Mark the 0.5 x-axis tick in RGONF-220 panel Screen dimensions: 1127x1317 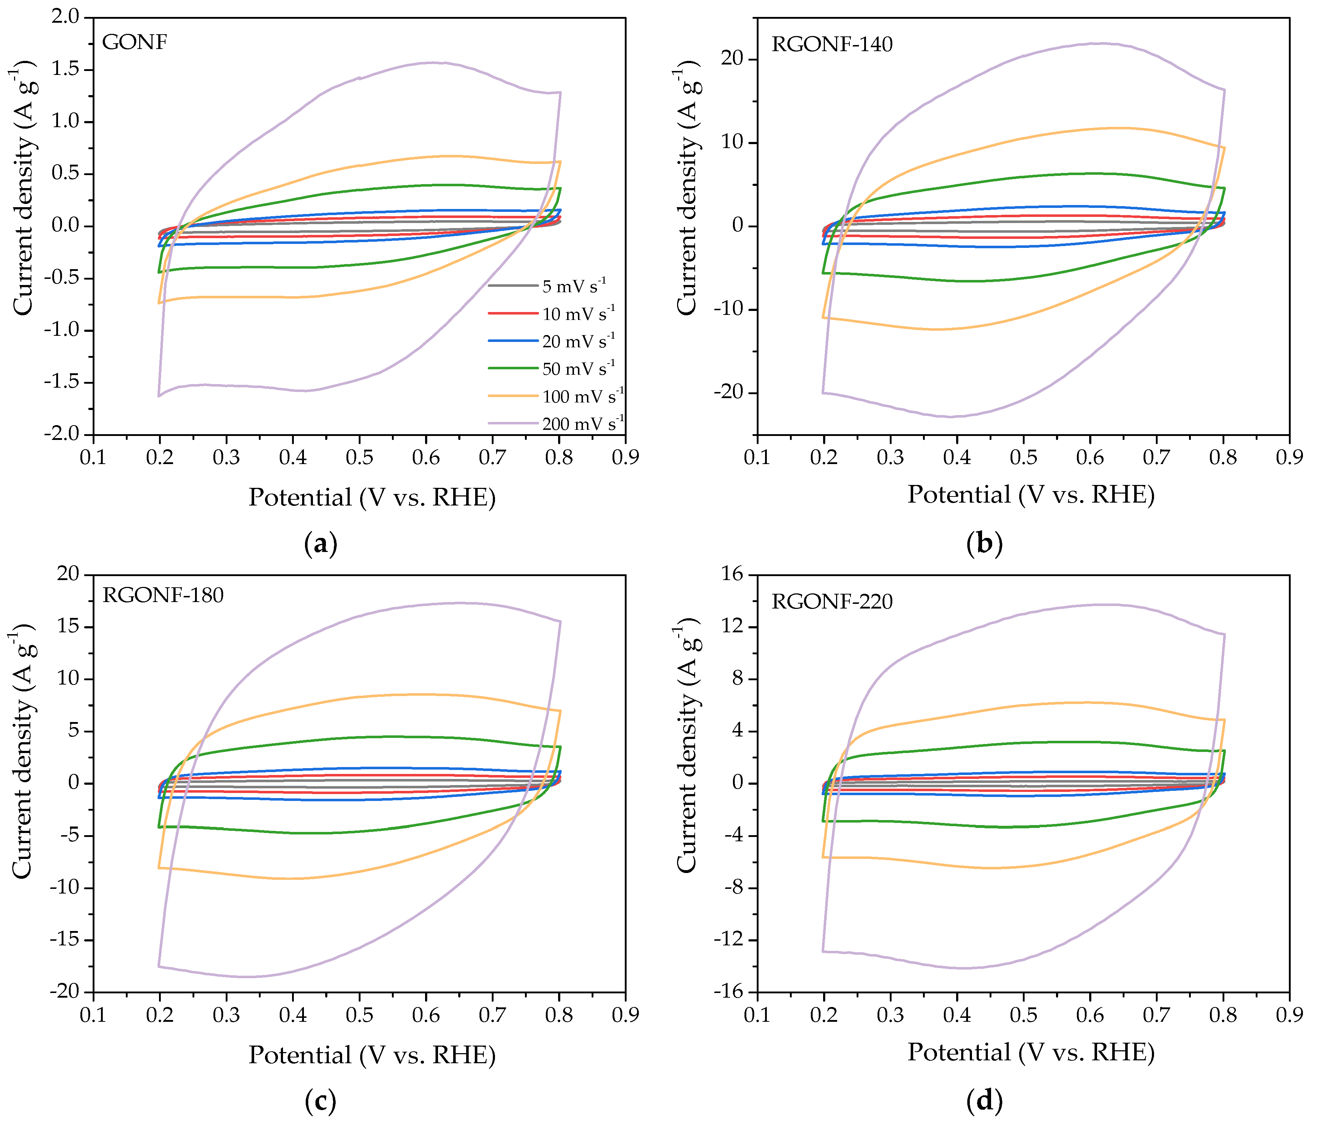(x=1023, y=1015)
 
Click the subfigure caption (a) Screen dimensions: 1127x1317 (x=321, y=544)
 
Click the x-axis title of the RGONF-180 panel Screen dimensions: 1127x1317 (x=372, y=1055)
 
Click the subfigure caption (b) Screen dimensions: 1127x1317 (x=984, y=544)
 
